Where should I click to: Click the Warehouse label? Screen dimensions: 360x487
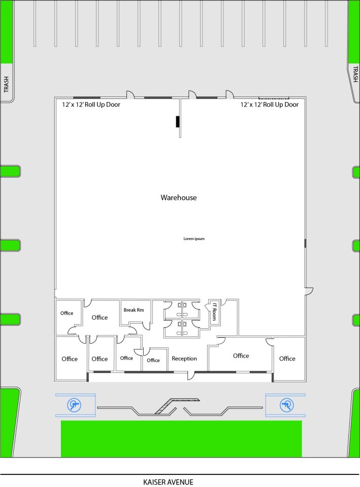pyautogui.click(x=178, y=197)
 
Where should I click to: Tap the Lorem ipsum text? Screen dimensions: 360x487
pyautogui.click(x=194, y=238)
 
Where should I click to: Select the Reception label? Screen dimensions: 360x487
pyautogui.click(x=184, y=359)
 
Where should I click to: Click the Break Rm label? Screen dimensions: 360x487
pyautogui.click(x=134, y=310)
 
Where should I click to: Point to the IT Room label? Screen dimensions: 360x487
pyautogui.click(x=214, y=311)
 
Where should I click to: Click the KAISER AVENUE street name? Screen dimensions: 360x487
pyautogui.click(x=168, y=482)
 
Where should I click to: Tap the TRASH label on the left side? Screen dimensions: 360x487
pyautogui.click(x=6, y=84)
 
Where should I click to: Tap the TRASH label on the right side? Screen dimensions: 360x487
pyautogui.click(x=355, y=74)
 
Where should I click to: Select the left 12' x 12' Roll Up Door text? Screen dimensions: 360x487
pyautogui.click(x=91, y=105)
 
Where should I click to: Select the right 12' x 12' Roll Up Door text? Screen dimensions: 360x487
pyautogui.click(x=269, y=105)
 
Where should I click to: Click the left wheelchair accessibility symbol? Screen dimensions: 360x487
pyautogui.click(x=74, y=405)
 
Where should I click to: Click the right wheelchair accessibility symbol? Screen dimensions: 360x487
pyautogui.click(x=287, y=405)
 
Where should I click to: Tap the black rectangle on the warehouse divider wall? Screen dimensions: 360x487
pyautogui.click(x=178, y=121)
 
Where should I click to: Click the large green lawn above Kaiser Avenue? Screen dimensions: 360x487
pyautogui.click(x=181, y=438)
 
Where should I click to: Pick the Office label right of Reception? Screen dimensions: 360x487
pyautogui.click(x=241, y=356)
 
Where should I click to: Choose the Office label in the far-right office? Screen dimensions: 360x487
pyautogui.click(x=287, y=359)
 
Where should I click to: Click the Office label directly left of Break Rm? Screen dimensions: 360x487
pyautogui.click(x=100, y=318)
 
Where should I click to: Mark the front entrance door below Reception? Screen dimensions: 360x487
pyautogui.click(x=191, y=375)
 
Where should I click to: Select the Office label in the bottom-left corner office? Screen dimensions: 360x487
pyautogui.click(x=70, y=359)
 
